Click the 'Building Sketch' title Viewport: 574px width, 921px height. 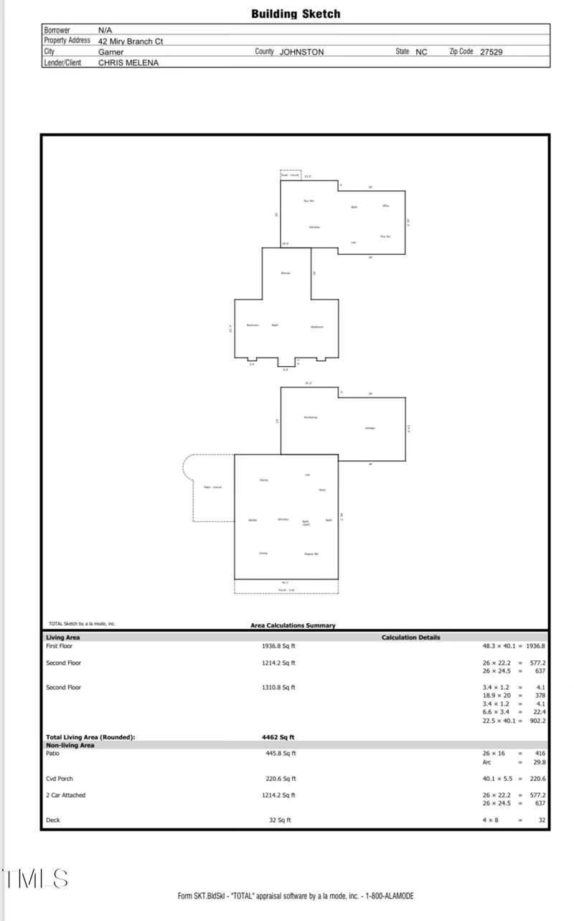click(x=296, y=14)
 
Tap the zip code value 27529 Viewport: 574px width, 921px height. click(x=491, y=52)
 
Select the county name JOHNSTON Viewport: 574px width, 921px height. click(x=301, y=52)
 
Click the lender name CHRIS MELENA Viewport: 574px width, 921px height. click(x=128, y=62)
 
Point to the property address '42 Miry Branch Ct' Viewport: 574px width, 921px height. click(x=131, y=41)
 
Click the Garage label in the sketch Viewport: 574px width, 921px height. click(x=370, y=428)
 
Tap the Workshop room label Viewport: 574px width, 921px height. click(x=310, y=417)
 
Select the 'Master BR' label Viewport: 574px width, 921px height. click(x=311, y=554)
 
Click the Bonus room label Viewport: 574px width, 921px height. click(x=286, y=273)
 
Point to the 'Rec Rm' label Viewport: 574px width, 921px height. click(x=309, y=200)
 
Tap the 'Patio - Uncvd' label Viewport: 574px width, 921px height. click(x=212, y=487)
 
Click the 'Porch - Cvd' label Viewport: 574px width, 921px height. click(x=286, y=590)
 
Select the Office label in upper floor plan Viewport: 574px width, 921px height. click(x=385, y=206)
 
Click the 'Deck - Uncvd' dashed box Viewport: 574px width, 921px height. click(x=290, y=174)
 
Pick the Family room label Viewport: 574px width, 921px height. click(x=263, y=480)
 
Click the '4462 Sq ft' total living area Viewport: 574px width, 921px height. click(x=278, y=737)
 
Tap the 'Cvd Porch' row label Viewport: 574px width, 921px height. click(x=60, y=778)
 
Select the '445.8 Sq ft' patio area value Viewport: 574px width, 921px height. click(x=281, y=754)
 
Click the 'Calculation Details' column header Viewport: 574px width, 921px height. click(x=410, y=637)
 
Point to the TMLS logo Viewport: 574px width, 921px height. click(x=34, y=879)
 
